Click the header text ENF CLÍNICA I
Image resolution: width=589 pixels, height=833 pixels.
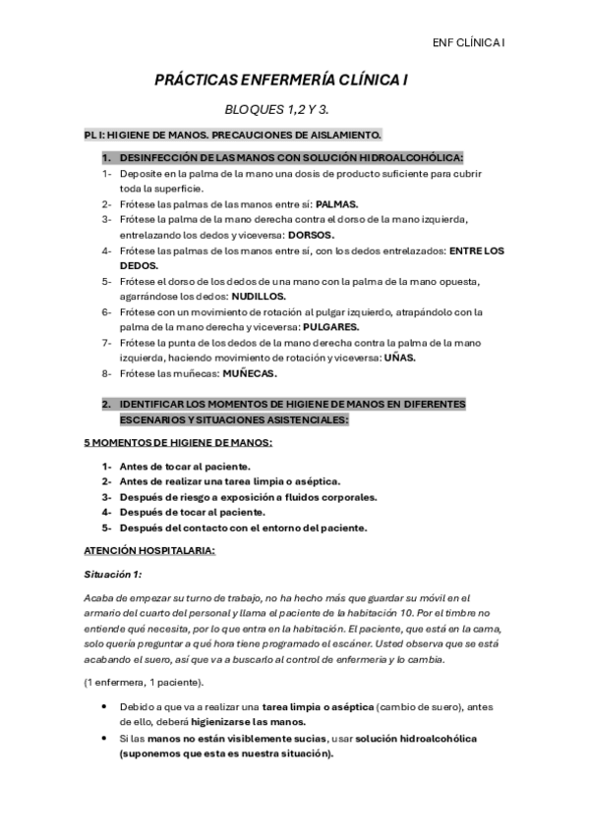tap(468, 42)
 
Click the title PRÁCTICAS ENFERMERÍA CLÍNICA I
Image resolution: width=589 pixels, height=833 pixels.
tap(294, 85)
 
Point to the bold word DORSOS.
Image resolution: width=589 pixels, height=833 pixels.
tap(312, 235)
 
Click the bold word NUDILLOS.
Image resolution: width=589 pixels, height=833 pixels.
tap(260, 296)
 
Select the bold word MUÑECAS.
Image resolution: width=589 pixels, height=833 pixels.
tap(251, 373)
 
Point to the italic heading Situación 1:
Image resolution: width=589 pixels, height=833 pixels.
tap(113, 574)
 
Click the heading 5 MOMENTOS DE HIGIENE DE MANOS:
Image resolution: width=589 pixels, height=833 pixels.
tap(178, 443)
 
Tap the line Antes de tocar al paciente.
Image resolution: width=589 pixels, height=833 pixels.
tap(185, 467)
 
